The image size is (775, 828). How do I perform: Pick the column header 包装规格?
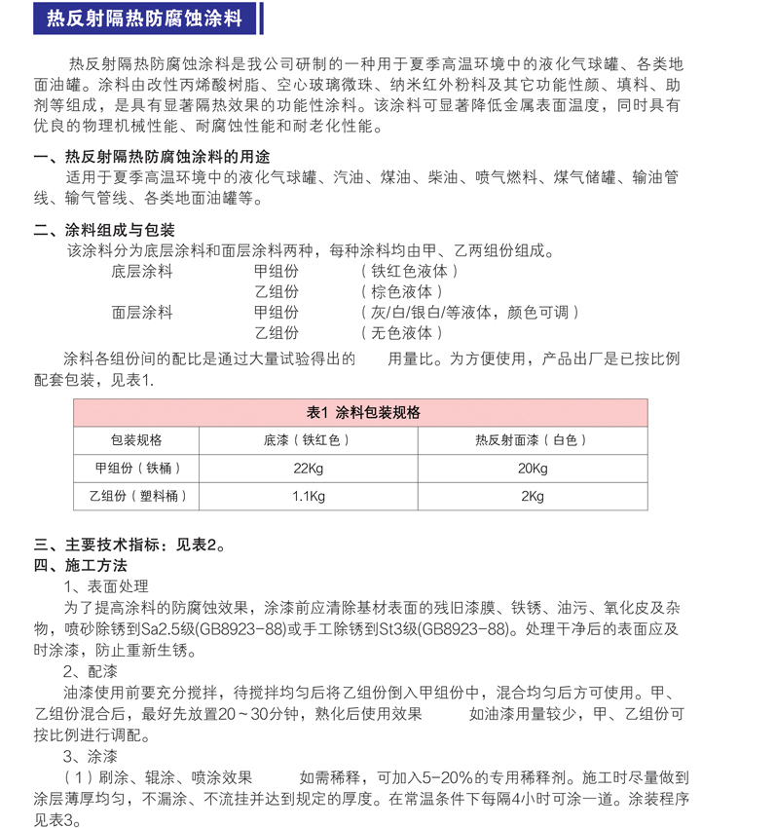[136, 440]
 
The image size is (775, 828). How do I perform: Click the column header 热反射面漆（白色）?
[532, 440]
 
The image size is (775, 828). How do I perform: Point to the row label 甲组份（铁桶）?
[136, 469]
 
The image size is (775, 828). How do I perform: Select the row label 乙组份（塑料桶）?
[136, 497]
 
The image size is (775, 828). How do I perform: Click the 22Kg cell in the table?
[308, 469]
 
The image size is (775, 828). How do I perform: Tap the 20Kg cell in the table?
[533, 469]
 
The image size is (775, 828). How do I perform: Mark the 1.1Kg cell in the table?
[308, 497]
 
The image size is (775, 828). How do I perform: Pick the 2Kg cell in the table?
[533, 497]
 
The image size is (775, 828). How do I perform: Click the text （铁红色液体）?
[409, 272]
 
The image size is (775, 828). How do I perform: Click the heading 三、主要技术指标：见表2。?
[130, 545]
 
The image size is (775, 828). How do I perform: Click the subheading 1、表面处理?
[106, 585]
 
